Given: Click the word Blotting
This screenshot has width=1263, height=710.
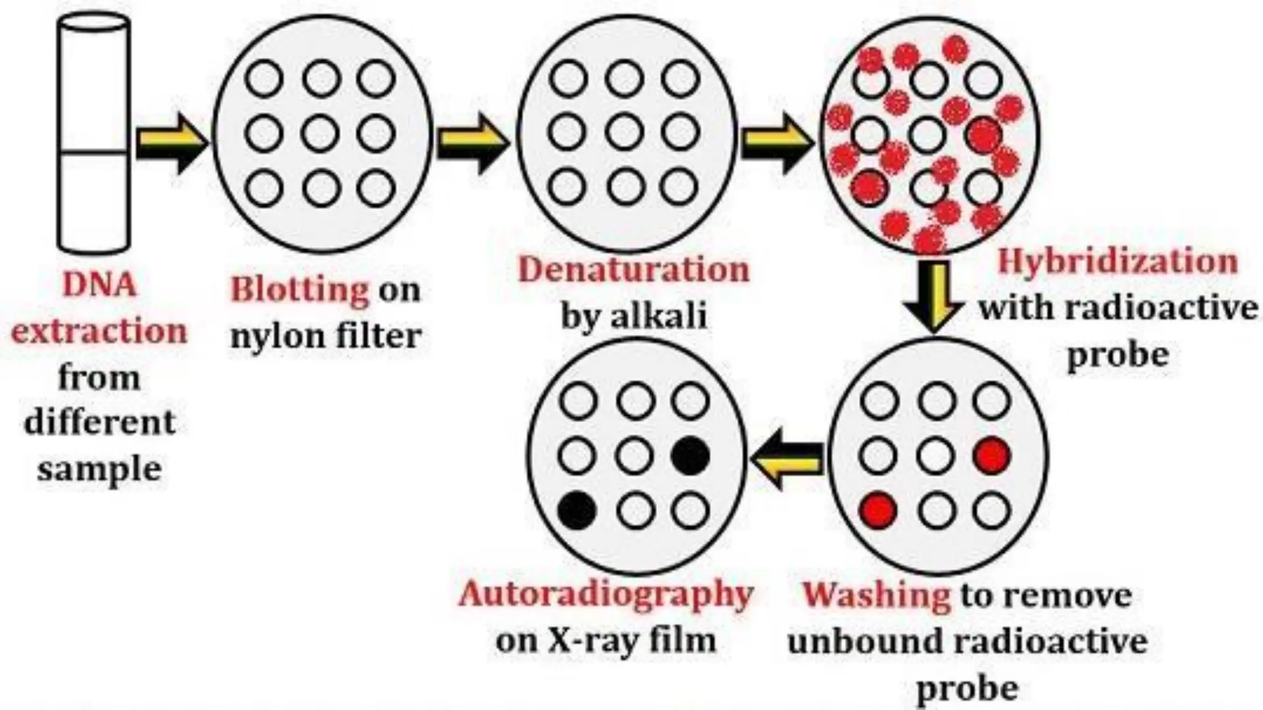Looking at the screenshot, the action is (x=300, y=290).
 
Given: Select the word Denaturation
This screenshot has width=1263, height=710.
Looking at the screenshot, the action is (x=634, y=270).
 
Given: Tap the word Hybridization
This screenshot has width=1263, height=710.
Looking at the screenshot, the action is (x=1117, y=261).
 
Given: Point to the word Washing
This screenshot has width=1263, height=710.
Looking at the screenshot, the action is (x=876, y=595).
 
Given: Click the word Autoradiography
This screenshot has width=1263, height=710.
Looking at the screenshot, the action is (x=606, y=595).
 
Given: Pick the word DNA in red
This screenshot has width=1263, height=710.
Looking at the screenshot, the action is (x=99, y=285).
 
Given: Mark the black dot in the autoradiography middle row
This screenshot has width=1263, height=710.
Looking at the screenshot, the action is (x=691, y=456).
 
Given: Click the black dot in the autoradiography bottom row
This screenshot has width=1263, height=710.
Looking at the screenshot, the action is (x=577, y=511).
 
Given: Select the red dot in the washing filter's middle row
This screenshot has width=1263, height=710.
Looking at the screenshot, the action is (x=992, y=456).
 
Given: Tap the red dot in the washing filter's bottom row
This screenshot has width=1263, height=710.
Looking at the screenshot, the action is (x=879, y=511).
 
